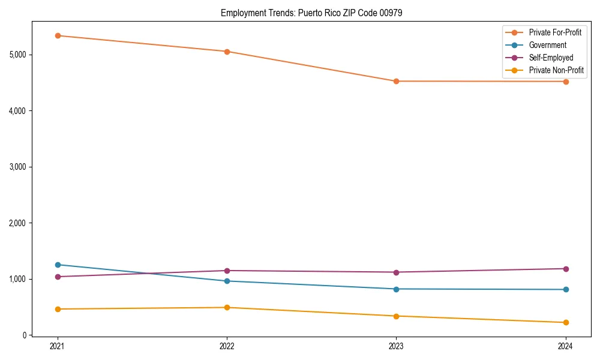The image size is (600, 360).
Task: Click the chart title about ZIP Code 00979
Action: [311, 13]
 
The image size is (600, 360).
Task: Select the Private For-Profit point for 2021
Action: [58, 35]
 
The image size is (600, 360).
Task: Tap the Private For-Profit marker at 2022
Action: [227, 52]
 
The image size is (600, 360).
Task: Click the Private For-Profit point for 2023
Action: [396, 81]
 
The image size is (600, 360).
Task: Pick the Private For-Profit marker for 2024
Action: [566, 82]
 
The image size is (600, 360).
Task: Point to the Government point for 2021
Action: [58, 265]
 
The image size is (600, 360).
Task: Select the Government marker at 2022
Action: [227, 281]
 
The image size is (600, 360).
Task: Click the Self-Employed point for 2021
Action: [58, 277]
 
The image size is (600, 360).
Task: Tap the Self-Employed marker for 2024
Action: [566, 269]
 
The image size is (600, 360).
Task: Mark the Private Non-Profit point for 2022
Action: [227, 307]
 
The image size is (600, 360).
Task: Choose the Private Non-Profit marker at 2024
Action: [566, 322]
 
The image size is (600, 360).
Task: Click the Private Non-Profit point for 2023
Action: [396, 316]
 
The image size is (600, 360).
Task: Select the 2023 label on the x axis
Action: [396, 346]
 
